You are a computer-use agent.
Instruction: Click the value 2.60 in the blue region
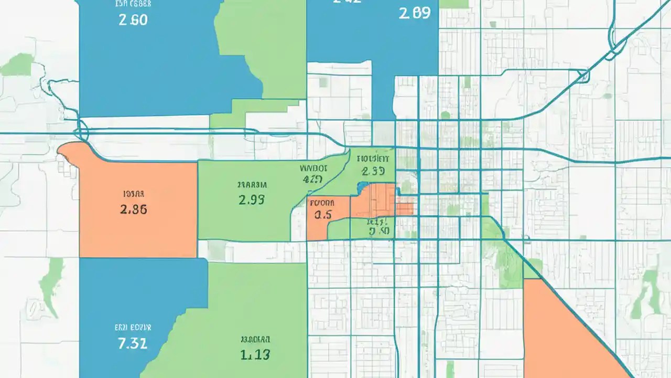point(134,20)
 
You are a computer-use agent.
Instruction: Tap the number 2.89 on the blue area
point(415,13)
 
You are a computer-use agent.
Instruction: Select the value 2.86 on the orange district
point(134,209)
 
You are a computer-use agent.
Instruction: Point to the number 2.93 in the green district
point(252,199)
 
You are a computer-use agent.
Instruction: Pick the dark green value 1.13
point(255,355)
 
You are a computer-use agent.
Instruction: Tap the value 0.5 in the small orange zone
point(323,214)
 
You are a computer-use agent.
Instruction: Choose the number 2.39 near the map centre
point(373,171)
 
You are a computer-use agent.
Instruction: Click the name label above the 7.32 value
point(133,327)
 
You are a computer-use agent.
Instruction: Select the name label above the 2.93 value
point(252,185)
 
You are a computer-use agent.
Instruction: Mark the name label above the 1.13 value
point(255,339)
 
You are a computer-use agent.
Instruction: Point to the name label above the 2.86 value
point(134,193)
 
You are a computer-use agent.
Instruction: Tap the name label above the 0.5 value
point(322,202)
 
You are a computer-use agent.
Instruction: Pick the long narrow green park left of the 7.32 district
point(52,286)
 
